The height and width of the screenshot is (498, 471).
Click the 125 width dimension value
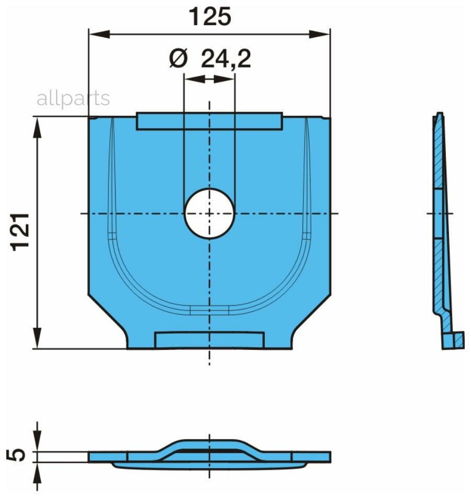[x=210, y=17]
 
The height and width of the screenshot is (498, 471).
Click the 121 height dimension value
[x=20, y=232]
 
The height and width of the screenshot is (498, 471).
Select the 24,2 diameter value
[x=226, y=59]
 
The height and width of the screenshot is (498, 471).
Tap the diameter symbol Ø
[x=178, y=59]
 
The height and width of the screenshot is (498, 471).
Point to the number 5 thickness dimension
[x=16, y=455]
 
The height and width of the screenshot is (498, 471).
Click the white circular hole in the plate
[x=209, y=214]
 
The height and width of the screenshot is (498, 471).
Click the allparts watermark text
[x=73, y=99]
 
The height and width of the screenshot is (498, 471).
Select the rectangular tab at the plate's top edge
[x=209, y=121]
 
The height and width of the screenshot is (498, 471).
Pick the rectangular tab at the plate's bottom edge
[x=209, y=340]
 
